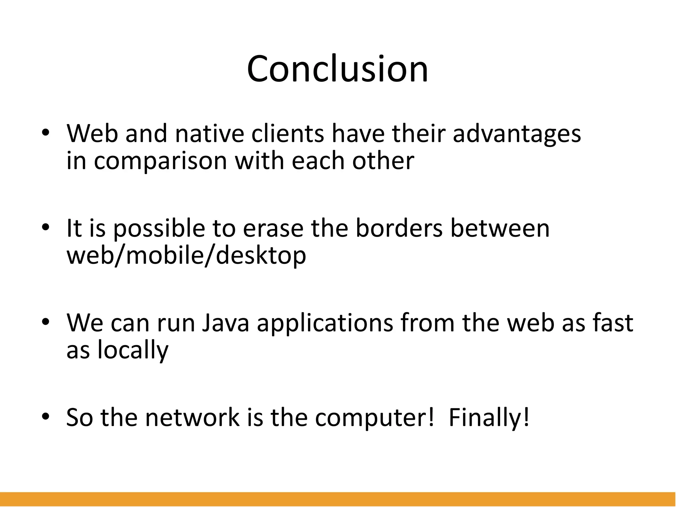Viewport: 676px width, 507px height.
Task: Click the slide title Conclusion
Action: pyautogui.click(x=337, y=69)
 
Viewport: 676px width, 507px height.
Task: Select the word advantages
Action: pyautogui.click(x=517, y=134)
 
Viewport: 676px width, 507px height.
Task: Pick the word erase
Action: pyautogui.click(x=273, y=228)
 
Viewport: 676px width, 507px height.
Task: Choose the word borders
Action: pyautogui.click(x=399, y=228)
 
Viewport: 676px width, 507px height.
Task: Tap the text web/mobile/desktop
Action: pyautogui.click(x=186, y=255)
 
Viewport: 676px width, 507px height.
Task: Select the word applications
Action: pyautogui.click(x=325, y=322)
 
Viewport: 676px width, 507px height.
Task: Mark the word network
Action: pyautogui.click(x=192, y=417)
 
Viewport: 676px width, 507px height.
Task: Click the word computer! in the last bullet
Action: pyautogui.click(x=374, y=417)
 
